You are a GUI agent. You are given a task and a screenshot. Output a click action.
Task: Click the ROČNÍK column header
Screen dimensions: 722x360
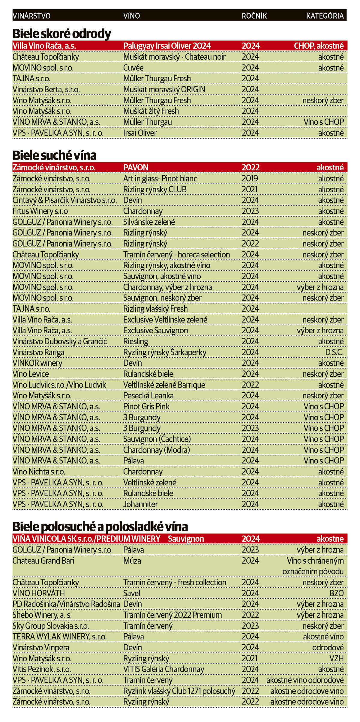[254, 16]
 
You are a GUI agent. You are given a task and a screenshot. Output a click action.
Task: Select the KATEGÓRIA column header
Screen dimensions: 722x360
[325, 16]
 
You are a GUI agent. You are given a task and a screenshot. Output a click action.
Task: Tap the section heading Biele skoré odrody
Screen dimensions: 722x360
[62, 34]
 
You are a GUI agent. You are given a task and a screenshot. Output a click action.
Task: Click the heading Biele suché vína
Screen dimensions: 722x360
[54, 155]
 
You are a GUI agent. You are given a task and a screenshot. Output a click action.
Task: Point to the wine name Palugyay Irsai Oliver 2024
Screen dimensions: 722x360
[167, 46]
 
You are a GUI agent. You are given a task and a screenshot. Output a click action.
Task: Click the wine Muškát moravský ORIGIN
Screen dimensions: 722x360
[164, 89]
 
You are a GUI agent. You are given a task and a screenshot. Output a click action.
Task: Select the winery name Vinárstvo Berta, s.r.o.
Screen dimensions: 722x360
[46, 89]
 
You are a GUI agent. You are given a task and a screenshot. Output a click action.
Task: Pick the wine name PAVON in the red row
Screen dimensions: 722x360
[136, 167]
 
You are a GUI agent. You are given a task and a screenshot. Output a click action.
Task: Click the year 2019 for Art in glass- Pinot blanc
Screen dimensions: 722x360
[250, 178]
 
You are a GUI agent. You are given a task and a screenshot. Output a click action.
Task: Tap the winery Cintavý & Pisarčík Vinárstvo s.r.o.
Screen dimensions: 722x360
[64, 200]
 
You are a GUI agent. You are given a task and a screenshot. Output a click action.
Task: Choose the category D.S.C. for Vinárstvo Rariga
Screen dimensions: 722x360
[334, 352]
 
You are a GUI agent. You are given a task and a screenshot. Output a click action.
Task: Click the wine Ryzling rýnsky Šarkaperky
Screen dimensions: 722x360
[165, 352]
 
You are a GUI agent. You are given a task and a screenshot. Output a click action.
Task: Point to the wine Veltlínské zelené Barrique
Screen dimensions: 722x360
[164, 385]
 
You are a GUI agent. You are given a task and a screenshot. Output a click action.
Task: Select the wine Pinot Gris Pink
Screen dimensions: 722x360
[146, 406]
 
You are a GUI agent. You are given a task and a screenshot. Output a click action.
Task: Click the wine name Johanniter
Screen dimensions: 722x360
[140, 504]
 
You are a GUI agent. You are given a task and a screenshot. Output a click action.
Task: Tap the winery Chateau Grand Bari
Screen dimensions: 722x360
[43, 561]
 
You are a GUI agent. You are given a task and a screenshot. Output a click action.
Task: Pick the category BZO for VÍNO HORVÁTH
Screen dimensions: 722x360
[336, 593]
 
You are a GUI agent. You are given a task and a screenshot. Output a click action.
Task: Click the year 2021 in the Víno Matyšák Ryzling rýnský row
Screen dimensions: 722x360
[250, 658]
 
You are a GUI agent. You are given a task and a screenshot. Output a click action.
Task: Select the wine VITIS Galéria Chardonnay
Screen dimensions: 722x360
[163, 669]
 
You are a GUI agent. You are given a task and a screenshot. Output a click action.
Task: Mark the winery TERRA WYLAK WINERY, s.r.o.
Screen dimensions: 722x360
[55, 637]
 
